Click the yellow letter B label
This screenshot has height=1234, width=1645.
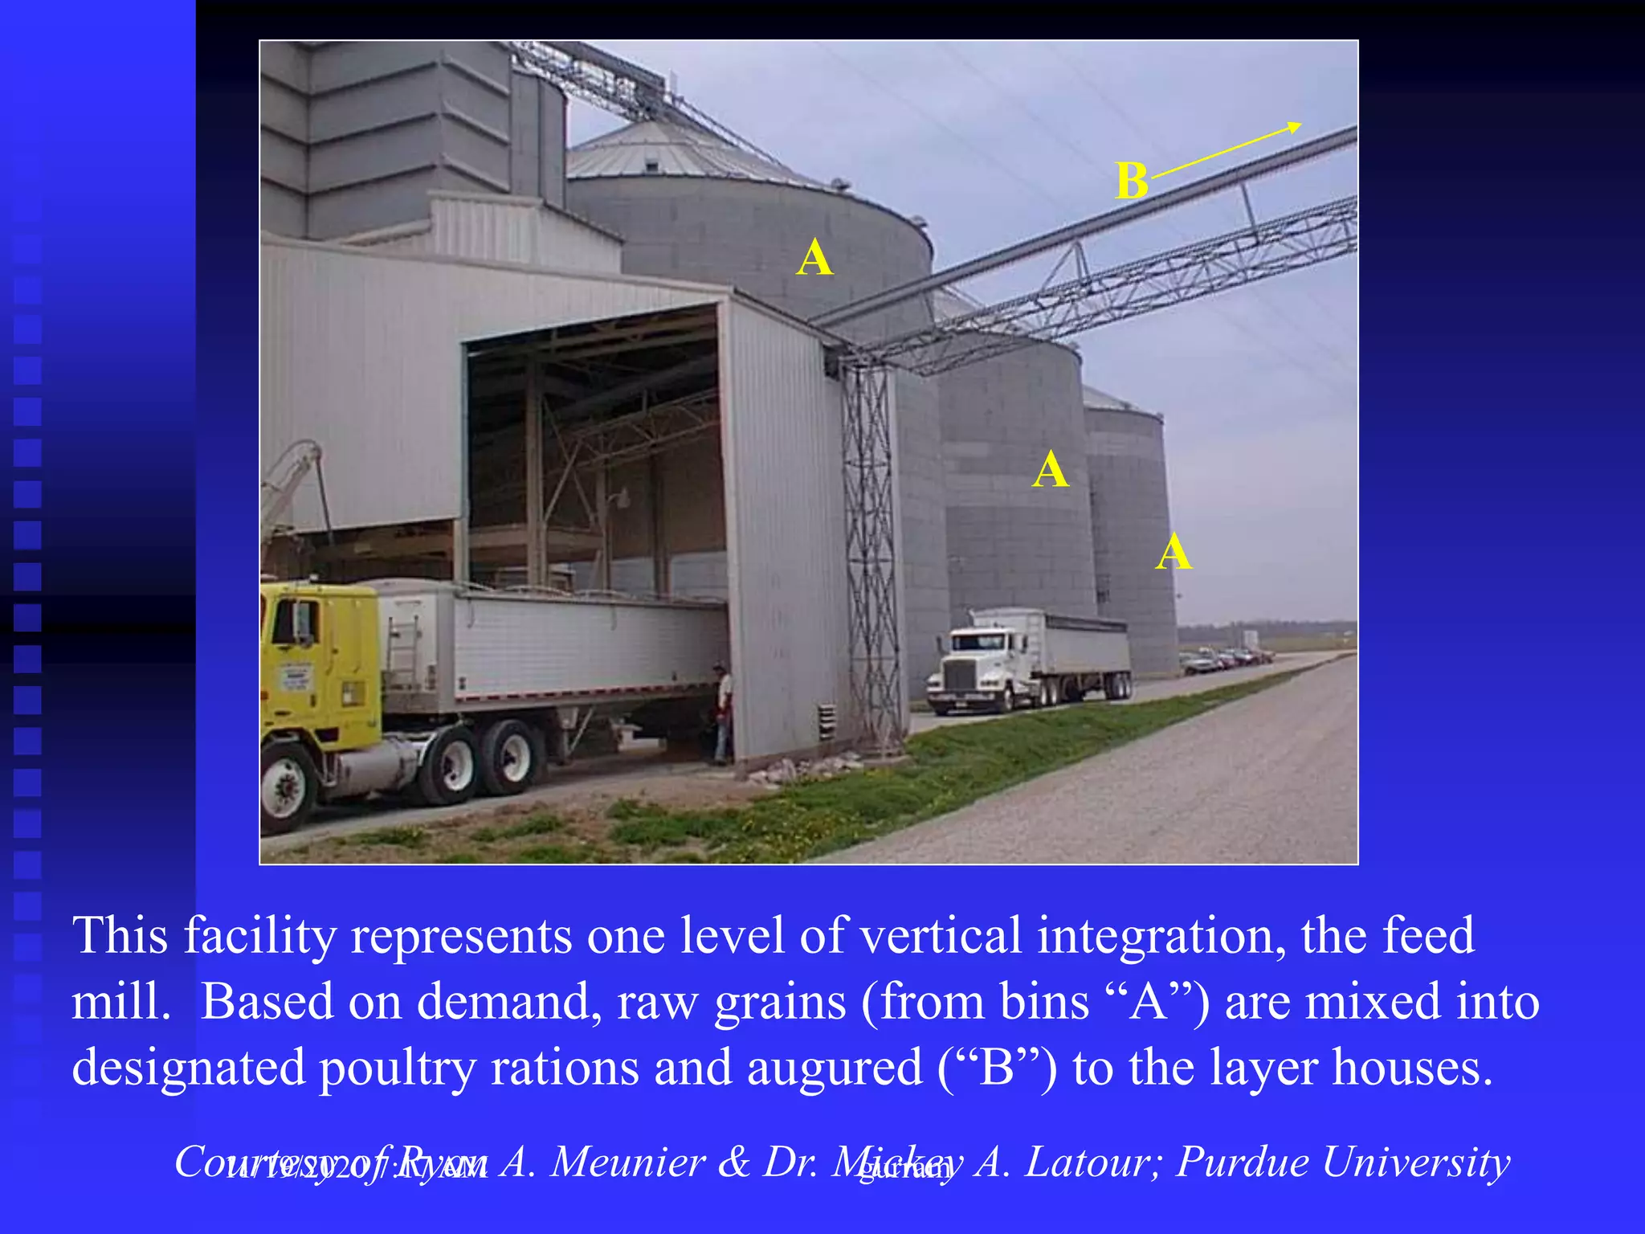coord(1131,181)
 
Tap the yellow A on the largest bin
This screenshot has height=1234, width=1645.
coord(814,259)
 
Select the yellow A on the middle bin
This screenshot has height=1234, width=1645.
coord(1051,470)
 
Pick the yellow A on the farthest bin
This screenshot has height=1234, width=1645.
coord(1174,553)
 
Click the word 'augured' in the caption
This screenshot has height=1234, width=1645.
coord(835,1068)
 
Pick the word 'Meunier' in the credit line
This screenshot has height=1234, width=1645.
coord(627,1162)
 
